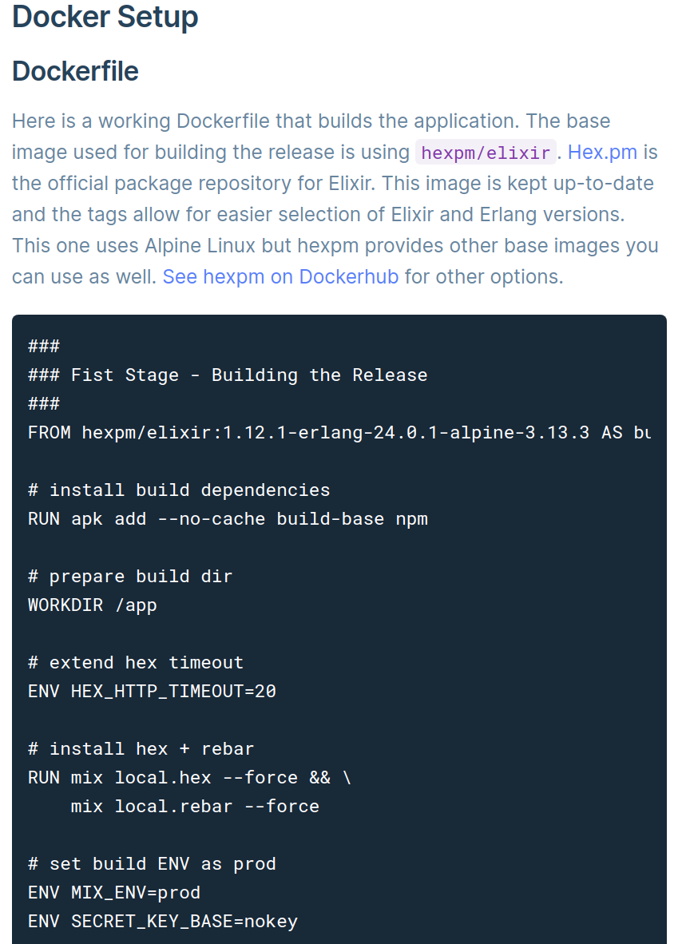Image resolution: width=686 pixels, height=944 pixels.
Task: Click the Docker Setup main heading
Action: [105, 17]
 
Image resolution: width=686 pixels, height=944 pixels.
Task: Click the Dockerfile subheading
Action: [75, 71]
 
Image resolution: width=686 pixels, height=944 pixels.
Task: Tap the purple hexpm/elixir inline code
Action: [486, 153]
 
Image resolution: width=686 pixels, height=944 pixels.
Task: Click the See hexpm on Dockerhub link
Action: [280, 277]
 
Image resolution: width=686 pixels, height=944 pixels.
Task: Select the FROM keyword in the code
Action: [50, 433]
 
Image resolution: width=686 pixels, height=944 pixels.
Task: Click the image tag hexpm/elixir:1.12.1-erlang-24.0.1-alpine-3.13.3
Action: [335, 433]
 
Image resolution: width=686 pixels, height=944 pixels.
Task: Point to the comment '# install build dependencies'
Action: [179, 490]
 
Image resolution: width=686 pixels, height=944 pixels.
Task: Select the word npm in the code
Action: [412, 519]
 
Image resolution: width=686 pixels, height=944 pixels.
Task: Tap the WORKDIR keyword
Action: [65, 605]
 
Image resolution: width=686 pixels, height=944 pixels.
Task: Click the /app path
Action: [136, 605]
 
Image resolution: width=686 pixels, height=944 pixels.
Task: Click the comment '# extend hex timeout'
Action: [136, 663]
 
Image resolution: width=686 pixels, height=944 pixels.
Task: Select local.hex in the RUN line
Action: [163, 778]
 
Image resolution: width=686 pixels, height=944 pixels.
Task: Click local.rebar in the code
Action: [173, 807]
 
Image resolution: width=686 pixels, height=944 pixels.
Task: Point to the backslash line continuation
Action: [347, 778]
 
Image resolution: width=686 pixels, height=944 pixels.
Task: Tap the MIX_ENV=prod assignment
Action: [136, 893]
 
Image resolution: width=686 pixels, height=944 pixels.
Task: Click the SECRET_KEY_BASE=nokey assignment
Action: [184, 922]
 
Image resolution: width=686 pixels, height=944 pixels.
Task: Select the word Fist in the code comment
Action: [93, 375]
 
